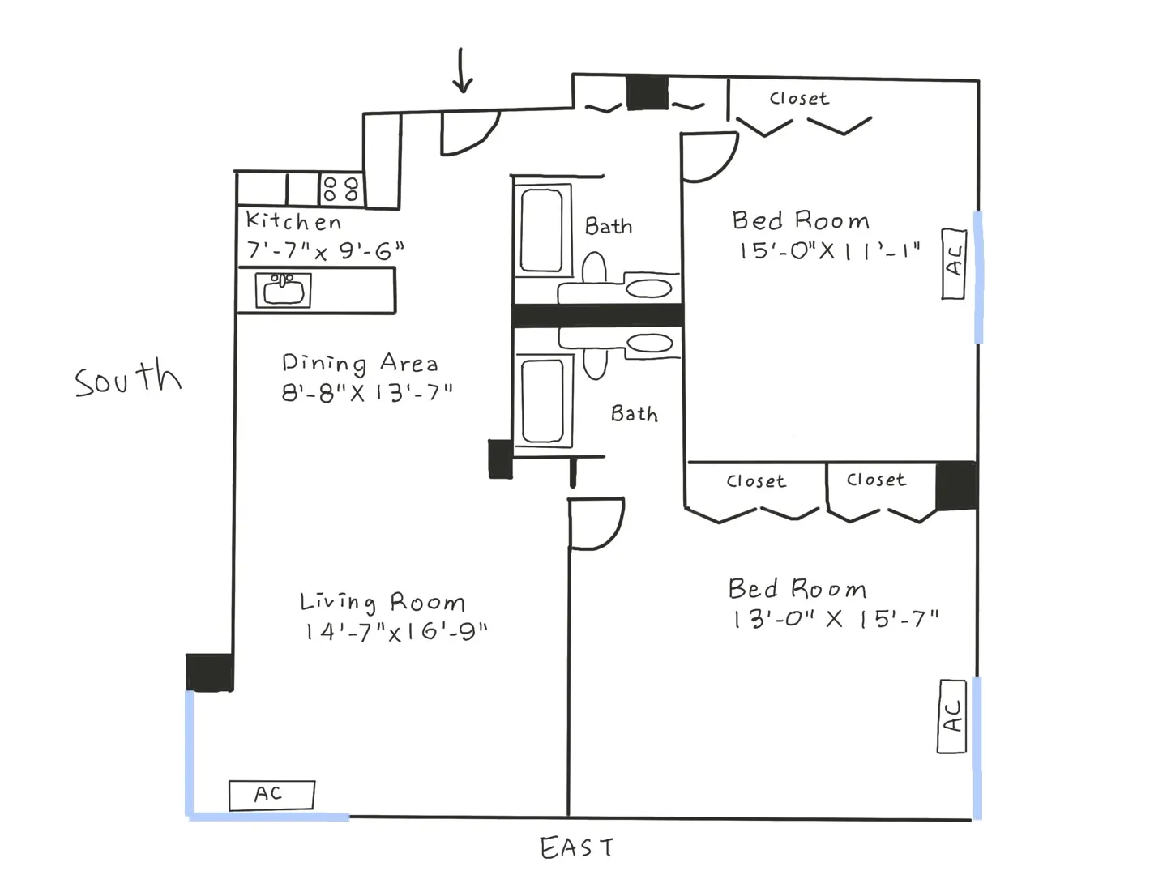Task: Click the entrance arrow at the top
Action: (462, 71)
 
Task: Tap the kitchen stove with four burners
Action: (340, 190)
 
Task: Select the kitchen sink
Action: (284, 290)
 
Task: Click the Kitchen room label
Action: (293, 221)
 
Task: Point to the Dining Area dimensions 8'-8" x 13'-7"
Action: (366, 393)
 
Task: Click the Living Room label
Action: (383, 602)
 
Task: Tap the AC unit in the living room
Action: (271, 795)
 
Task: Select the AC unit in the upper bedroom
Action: (954, 263)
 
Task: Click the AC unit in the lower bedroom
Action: (952, 717)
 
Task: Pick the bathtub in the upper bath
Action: (541, 230)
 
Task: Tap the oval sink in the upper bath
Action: (649, 288)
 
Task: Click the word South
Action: (128, 379)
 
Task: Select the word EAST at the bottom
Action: (576, 848)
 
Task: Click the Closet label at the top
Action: (799, 99)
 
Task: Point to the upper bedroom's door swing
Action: (708, 157)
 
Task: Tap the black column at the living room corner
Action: (210, 672)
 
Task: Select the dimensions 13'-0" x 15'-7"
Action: (835, 620)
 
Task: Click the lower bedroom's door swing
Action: (595, 524)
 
